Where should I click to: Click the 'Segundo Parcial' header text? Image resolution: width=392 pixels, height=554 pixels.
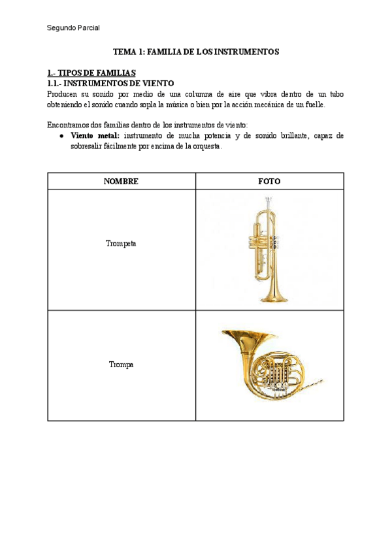(x=73, y=27)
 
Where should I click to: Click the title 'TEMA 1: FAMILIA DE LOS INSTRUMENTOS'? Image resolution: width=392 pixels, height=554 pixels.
(x=196, y=52)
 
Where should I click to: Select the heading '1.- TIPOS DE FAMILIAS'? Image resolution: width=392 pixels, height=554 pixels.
(x=91, y=73)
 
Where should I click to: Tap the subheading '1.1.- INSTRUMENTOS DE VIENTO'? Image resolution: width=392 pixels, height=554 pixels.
(x=110, y=84)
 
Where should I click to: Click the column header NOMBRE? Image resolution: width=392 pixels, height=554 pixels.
(x=121, y=182)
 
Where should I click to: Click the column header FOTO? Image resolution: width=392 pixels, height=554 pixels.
(x=269, y=182)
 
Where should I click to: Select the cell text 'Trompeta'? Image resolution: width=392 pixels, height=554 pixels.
(x=121, y=244)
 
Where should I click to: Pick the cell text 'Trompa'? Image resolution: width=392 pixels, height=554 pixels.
(x=121, y=365)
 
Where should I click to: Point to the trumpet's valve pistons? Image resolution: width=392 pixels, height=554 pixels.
(x=278, y=242)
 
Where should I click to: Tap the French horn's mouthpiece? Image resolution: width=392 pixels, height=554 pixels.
(x=319, y=381)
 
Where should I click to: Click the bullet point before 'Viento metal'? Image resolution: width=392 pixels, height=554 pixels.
(x=61, y=136)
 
